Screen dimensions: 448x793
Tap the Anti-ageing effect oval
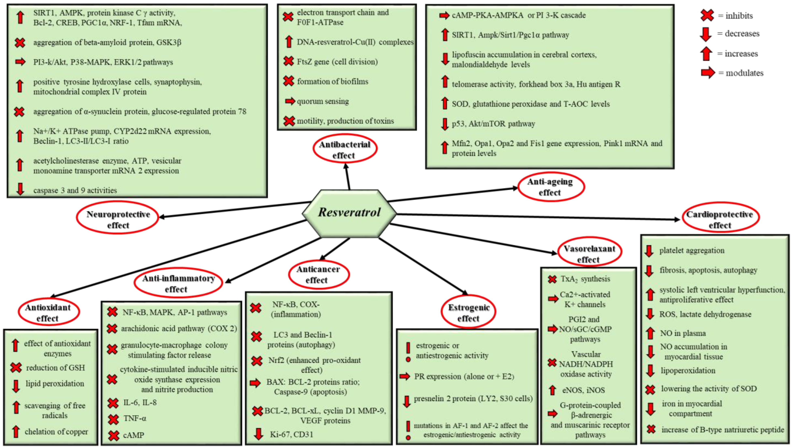(550, 187)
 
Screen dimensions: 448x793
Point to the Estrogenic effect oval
(469, 312)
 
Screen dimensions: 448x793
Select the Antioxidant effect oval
(48, 312)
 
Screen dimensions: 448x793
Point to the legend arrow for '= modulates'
(708, 73)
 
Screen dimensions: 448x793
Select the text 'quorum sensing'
(323, 101)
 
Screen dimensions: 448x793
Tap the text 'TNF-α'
(135, 418)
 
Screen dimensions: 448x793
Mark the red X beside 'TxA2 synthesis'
(552, 279)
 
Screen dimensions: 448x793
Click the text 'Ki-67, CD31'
(291, 434)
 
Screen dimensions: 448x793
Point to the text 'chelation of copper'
(56, 432)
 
